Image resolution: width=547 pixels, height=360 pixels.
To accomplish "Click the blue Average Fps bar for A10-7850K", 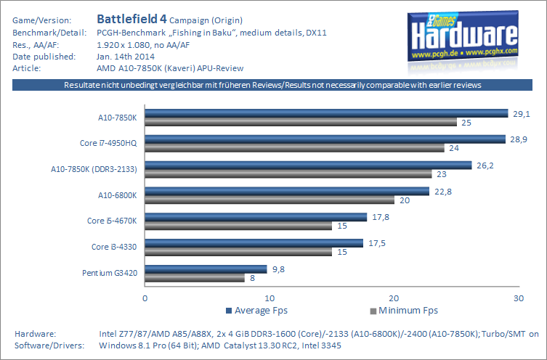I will (x=326, y=112).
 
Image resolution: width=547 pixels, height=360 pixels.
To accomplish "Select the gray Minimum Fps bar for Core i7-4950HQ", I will (x=294, y=148).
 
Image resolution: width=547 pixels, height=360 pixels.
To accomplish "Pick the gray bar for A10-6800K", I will (x=270, y=200).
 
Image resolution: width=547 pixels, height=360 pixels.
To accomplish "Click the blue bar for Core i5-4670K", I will (x=256, y=216).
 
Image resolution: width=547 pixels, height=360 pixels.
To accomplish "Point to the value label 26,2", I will (x=485, y=165).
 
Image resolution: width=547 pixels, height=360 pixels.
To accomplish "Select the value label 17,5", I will (x=376, y=243).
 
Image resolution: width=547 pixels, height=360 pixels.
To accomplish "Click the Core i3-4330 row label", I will (x=115, y=247).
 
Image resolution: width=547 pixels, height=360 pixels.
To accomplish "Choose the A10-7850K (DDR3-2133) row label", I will (x=94, y=169).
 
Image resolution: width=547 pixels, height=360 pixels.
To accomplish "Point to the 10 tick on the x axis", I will (x=270, y=298).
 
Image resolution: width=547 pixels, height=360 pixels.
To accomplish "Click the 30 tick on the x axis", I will (x=517, y=298).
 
